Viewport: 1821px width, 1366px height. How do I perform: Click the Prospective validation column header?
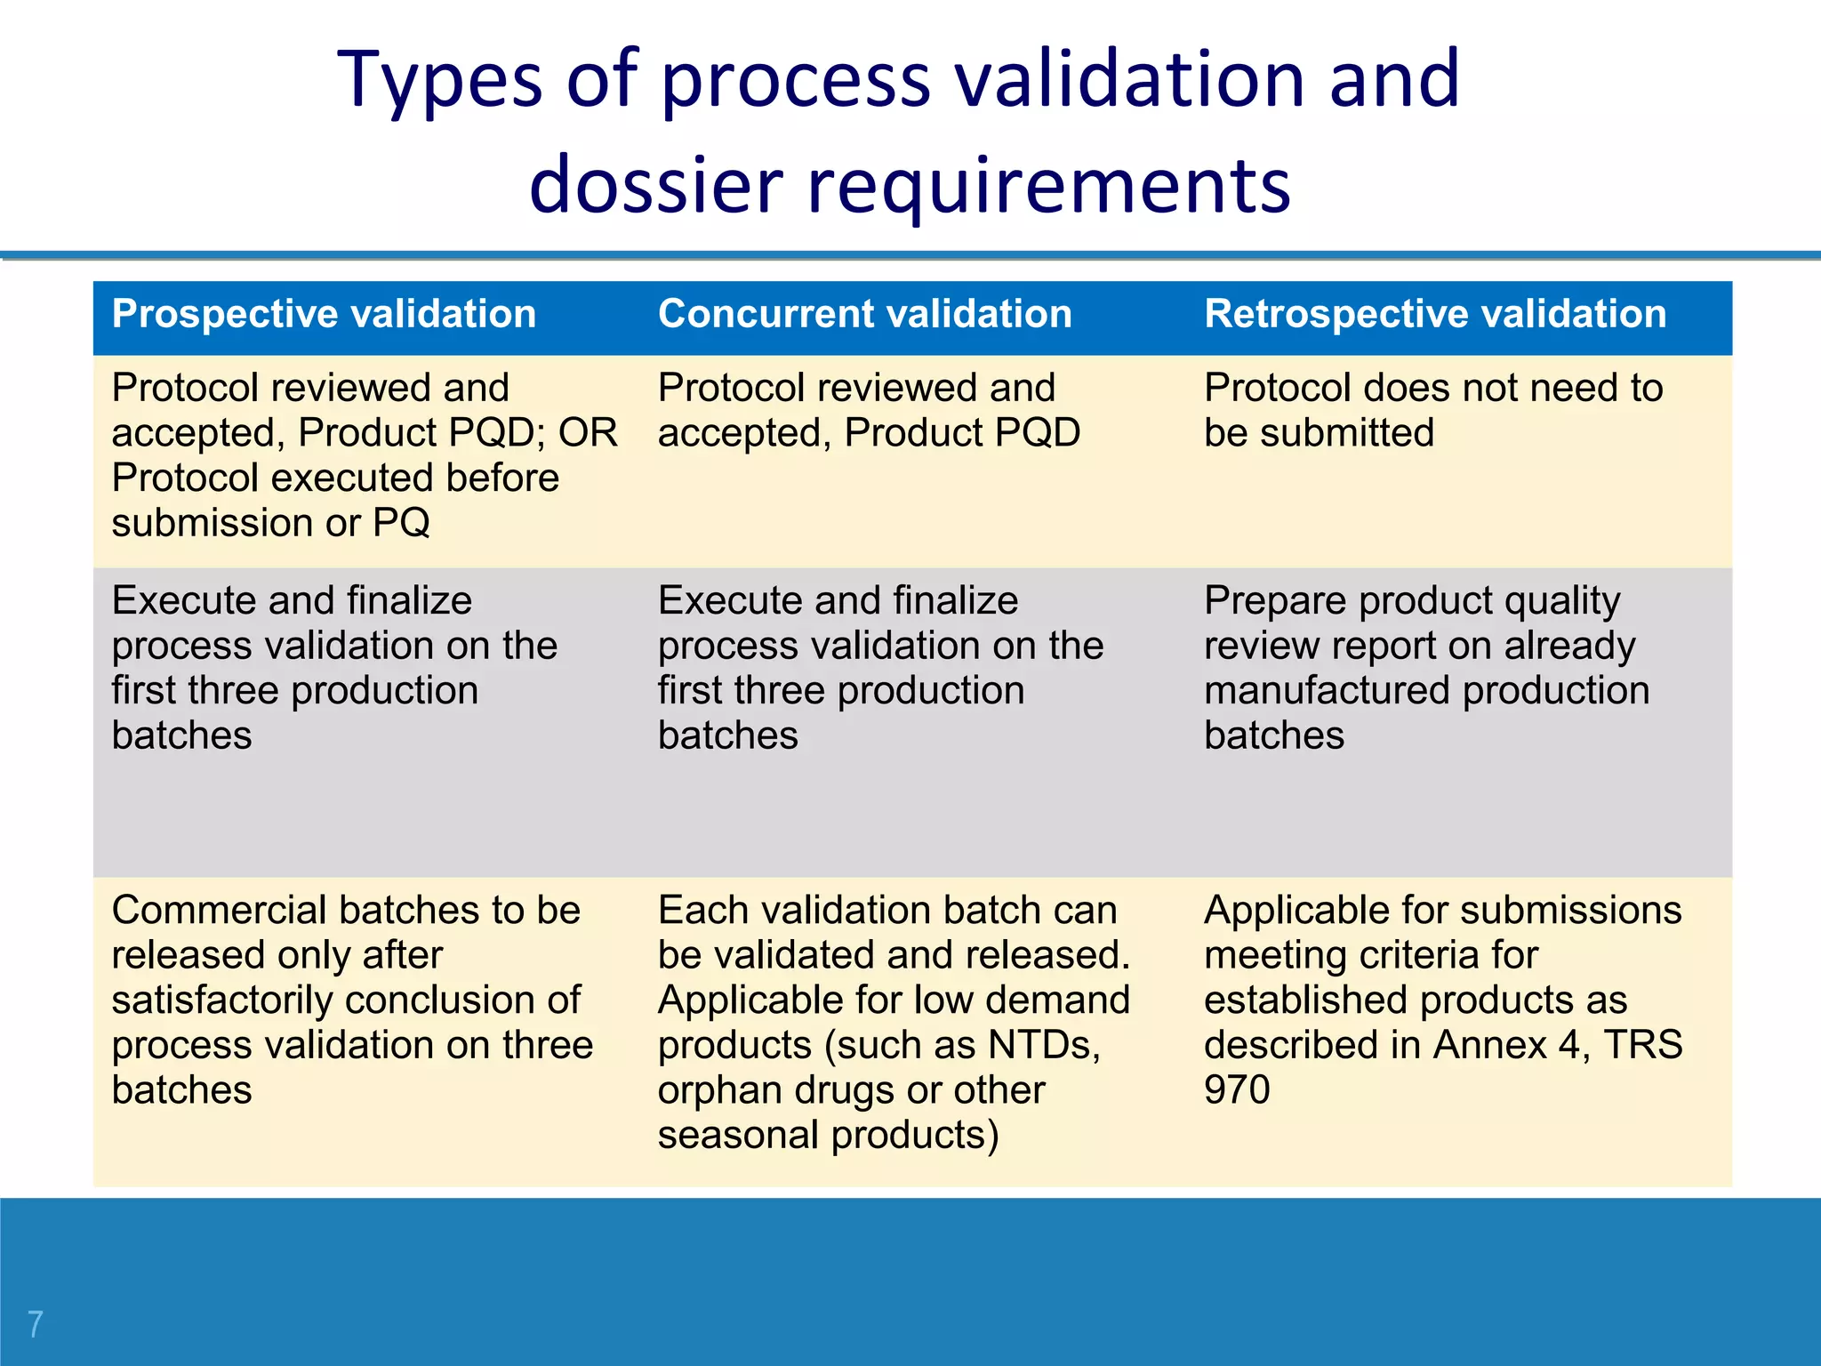[x=324, y=314]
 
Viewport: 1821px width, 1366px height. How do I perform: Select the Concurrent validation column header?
[x=864, y=314]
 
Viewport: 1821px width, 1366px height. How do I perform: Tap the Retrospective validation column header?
[x=1434, y=314]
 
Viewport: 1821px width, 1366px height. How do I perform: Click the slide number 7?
[x=35, y=1323]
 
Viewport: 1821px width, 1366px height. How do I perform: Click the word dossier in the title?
[x=656, y=185]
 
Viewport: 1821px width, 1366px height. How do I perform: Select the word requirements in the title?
[x=1048, y=185]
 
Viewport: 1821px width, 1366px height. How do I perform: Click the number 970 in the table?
[x=1237, y=1090]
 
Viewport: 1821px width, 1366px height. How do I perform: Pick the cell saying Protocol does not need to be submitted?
[x=1432, y=411]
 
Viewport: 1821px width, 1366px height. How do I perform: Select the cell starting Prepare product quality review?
[x=1426, y=668]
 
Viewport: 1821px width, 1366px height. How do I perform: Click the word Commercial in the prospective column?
[x=220, y=911]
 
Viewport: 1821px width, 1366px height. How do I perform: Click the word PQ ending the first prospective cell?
[x=401, y=523]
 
